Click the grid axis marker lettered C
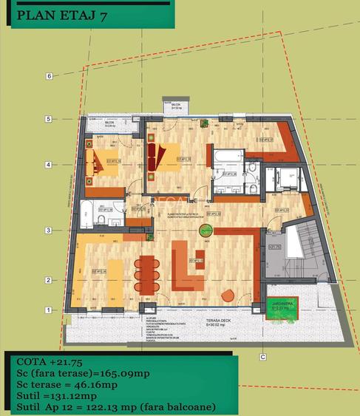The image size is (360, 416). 262,357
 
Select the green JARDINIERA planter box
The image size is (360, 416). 277,316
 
